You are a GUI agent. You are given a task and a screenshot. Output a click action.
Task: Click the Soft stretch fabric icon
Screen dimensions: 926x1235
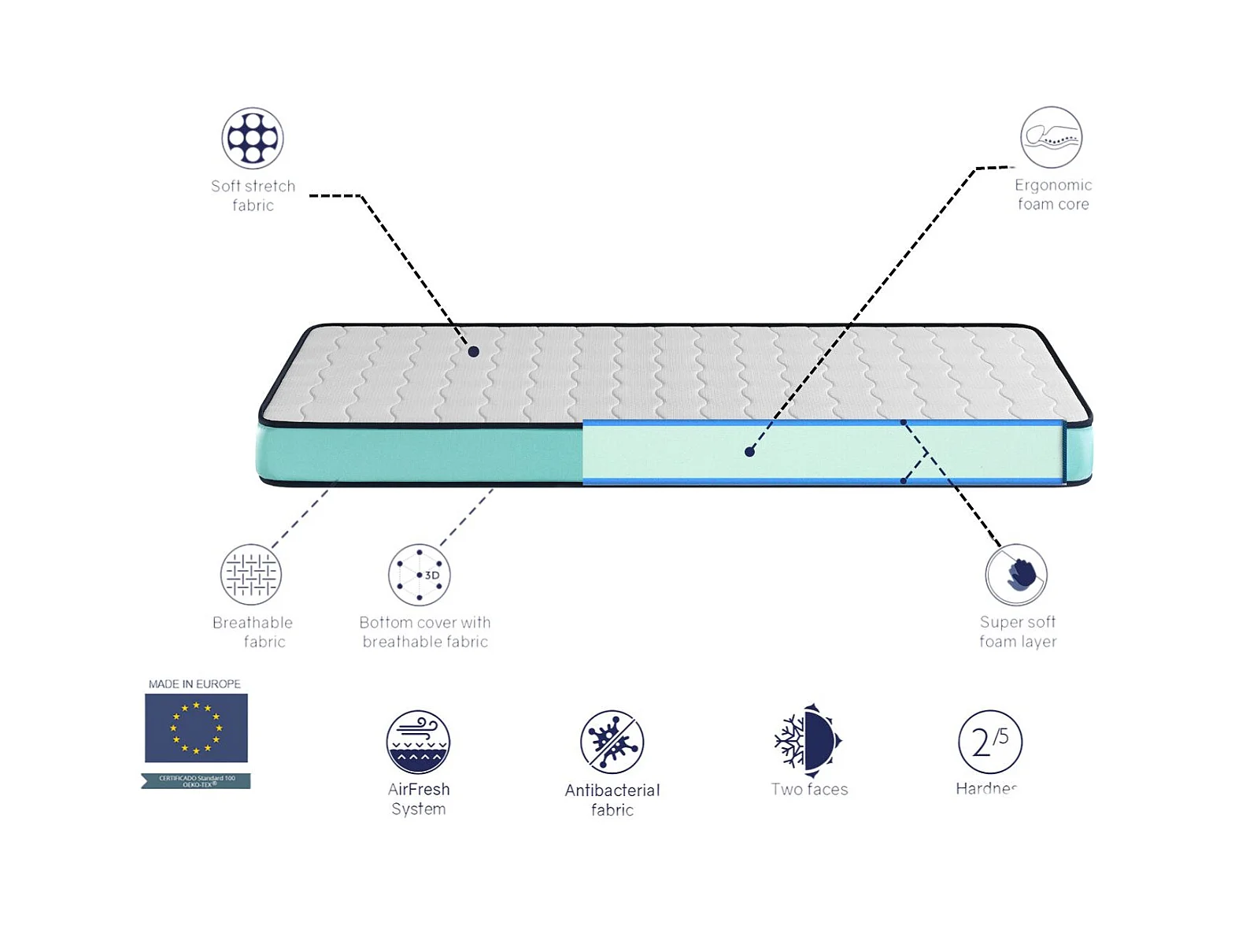pos(253,139)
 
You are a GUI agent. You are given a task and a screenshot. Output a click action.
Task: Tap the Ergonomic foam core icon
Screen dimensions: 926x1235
pos(1051,138)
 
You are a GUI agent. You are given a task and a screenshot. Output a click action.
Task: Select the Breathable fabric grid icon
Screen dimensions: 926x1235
pos(251,575)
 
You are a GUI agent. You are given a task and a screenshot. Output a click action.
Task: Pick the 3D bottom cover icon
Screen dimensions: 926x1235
pos(420,575)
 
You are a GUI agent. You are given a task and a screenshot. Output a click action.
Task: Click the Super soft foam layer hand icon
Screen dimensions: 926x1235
pos(1016,575)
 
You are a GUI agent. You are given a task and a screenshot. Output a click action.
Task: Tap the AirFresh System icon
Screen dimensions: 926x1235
pos(418,742)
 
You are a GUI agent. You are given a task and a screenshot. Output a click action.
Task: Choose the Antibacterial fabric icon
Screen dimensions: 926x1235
pos(612,742)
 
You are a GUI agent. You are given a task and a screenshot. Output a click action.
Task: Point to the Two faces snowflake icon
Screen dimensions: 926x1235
pos(808,741)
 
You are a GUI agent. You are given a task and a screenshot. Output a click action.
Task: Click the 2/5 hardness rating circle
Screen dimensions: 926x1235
pos(989,742)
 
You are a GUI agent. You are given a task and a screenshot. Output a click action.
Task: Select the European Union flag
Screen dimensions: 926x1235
pos(196,728)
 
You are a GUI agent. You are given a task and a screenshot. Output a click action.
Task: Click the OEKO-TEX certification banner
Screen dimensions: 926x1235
pos(196,781)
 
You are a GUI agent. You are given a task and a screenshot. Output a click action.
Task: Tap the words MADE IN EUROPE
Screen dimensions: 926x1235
pos(194,684)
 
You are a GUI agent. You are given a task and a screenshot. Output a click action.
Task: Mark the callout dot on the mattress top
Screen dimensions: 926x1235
pos(473,352)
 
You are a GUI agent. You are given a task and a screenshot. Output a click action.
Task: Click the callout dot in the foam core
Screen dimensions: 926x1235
pos(749,452)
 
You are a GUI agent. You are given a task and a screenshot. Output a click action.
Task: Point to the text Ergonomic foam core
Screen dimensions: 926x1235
pos(1053,194)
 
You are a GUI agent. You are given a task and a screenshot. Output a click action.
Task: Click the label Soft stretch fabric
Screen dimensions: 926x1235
pos(253,195)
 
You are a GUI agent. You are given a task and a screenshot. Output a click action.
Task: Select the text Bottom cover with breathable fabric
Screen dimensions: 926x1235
pos(425,632)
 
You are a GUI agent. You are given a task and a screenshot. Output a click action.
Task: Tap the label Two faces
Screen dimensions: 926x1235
pos(809,789)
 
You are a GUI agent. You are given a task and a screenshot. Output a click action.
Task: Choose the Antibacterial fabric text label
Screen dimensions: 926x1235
pos(612,800)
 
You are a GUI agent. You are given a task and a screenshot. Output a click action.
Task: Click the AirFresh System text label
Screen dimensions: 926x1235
pos(418,799)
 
